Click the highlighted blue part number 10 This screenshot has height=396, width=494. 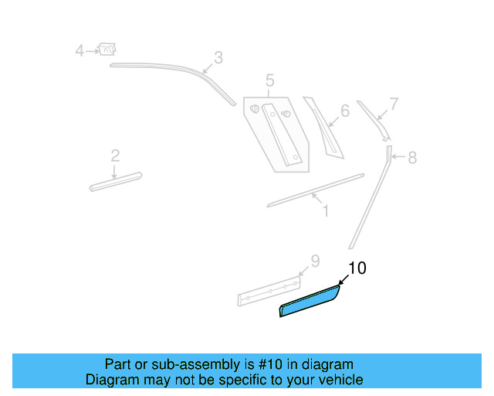309,302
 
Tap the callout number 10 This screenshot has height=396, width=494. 357,268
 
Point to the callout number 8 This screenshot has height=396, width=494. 412,158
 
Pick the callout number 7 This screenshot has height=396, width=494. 394,104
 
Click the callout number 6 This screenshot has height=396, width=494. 344,111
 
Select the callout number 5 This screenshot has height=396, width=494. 269,80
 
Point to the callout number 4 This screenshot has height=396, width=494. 80,51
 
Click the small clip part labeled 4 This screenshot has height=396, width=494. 107,49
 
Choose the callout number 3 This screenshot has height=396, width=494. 218,57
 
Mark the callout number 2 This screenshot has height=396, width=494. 115,156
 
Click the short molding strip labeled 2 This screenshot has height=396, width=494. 115,181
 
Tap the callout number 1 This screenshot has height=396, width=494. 325,210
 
